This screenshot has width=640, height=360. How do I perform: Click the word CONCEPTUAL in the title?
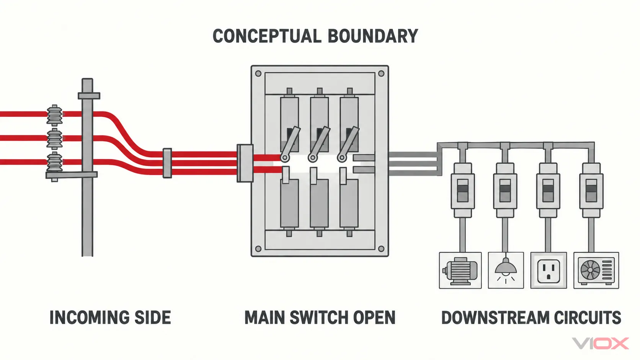(267, 36)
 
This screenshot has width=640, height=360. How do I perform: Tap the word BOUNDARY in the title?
(373, 36)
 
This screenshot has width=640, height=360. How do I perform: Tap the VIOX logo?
(600, 343)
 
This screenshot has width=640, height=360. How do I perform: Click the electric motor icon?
(460, 270)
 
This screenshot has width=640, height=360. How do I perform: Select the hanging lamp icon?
(506, 270)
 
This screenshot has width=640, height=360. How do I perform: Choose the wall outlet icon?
(549, 270)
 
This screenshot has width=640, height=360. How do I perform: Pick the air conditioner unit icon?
(596, 270)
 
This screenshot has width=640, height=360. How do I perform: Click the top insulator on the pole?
(54, 115)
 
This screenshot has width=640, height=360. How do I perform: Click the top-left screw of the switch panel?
(258, 74)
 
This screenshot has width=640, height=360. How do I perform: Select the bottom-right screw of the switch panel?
(381, 249)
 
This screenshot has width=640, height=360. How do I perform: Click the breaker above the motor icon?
(463, 190)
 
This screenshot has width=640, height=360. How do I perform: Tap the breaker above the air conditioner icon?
(591, 190)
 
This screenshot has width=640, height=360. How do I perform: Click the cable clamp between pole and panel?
(167, 163)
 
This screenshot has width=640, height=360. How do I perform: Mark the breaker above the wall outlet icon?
(548, 190)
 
